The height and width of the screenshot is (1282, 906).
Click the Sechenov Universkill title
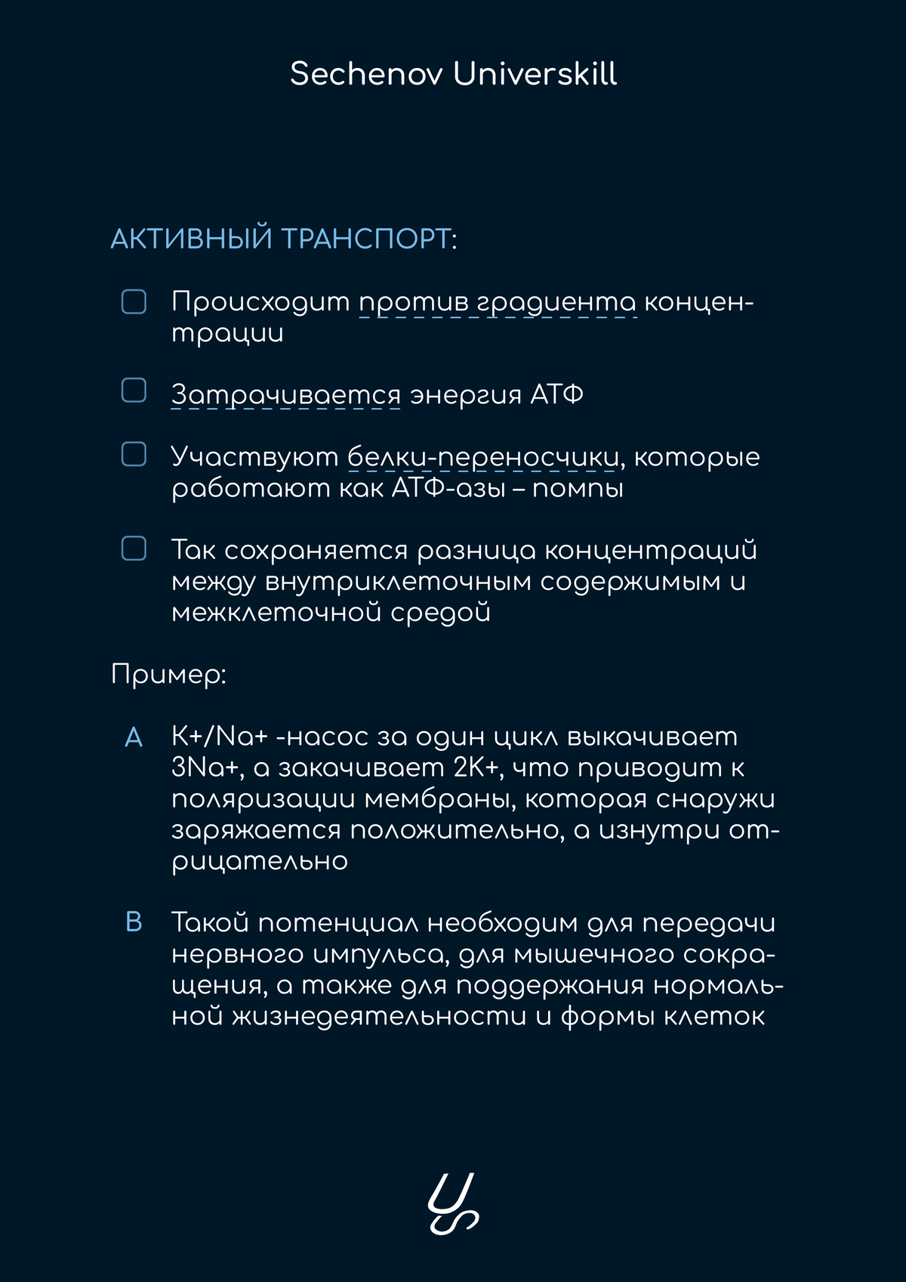pyautogui.click(x=453, y=74)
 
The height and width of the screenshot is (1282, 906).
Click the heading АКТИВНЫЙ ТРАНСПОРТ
pyautogui.click(x=281, y=239)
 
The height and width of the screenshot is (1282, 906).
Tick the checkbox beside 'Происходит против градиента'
pyautogui.click(x=134, y=301)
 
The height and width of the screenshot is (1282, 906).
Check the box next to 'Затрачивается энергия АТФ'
pyautogui.click(x=134, y=391)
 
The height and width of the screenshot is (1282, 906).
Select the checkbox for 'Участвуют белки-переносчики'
pyautogui.click(x=134, y=454)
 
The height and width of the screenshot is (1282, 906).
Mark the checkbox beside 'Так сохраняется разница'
pyautogui.click(x=134, y=548)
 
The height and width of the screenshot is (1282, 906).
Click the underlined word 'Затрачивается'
pyautogui.click(x=285, y=395)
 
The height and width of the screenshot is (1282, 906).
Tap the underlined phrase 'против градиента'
pyautogui.click(x=498, y=302)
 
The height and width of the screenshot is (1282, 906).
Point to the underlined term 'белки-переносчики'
pyautogui.click(x=483, y=458)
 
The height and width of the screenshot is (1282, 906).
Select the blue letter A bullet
pyautogui.click(x=134, y=737)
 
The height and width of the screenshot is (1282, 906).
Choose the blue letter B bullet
pyautogui.click(x=134, y=922)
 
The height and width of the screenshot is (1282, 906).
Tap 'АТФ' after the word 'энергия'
pyautogui.click(x=556, y=395)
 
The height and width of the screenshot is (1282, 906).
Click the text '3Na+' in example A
pyautogui.click(x=205, y=768)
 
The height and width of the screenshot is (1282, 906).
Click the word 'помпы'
pyautogui.click(x=578, y=489)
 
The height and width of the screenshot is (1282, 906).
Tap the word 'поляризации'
pyautogui.click(x=263, y=799)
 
